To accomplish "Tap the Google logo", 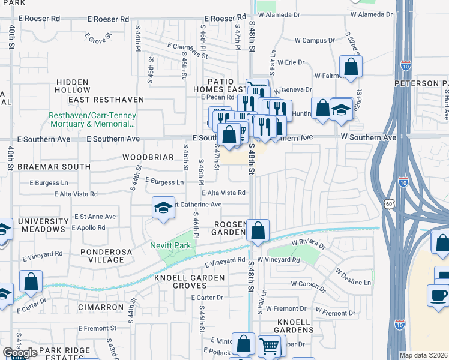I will tap(19, 353).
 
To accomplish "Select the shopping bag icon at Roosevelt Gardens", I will tap(258, 230).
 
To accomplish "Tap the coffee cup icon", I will tap(437, 295).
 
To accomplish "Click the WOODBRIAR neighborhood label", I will tap(148, 157).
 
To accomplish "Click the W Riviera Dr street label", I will tap(308, 245).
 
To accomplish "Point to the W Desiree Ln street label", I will tap(353, 281).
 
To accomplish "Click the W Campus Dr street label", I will tap(315, 41).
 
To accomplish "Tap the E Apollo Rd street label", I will tap(88, 228).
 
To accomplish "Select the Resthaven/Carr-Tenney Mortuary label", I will tap(92, 119).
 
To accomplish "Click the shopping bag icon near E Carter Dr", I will tap(31, 281).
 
